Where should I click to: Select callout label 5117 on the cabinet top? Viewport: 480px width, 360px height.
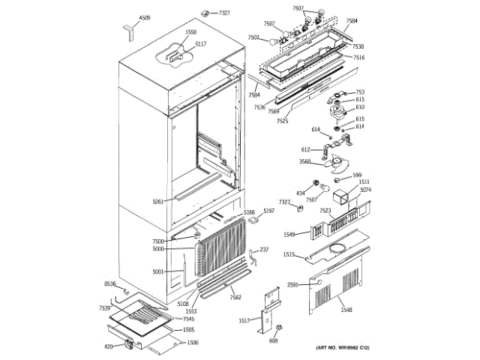(200, 45)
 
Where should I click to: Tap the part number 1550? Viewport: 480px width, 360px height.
(191, 32)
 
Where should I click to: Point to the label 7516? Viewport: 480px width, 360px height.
(359, 58)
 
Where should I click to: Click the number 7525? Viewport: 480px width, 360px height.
(283, 121)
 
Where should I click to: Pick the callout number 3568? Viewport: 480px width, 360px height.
(305, 162)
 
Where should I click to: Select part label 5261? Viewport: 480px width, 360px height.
(157, 202)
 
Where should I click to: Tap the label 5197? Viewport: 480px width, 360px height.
(268, 212)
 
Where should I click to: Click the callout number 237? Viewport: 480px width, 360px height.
(264, 250)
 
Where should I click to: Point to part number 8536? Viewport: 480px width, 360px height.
(109, 284)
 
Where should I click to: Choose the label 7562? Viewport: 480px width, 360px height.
(235, 298)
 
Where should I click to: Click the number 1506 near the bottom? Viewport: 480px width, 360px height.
(193, 343)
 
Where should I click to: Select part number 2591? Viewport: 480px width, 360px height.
(293, 284)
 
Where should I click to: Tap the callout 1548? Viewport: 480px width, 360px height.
(346, 310)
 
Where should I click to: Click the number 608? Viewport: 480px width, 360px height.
(273, 340)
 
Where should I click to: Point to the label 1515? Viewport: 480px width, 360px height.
(289, 255)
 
